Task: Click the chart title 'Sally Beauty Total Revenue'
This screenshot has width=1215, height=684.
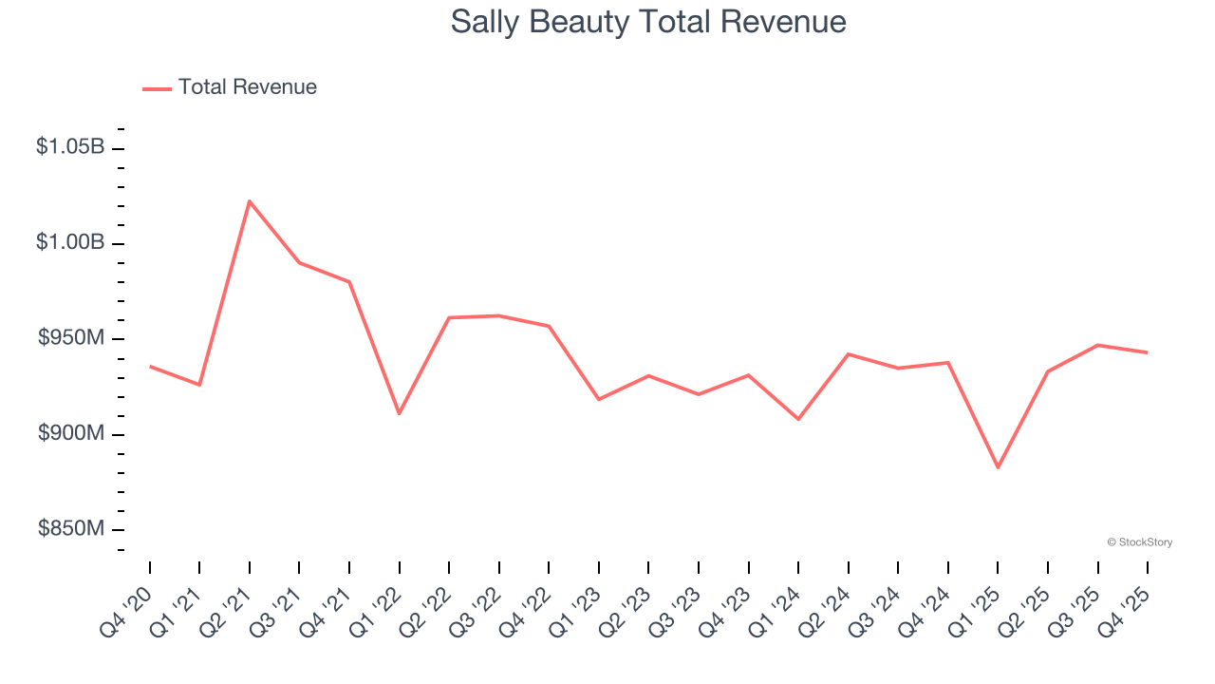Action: (x=648, y=22)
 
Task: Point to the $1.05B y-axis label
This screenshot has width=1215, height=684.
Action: (x=70, y=147)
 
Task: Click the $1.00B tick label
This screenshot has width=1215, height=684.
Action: (x=70, y=242)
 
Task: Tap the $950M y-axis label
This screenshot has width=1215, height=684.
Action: (x=71, y=338)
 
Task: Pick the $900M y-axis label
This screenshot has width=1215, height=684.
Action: (x=71, y=433)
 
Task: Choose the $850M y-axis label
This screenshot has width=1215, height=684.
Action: (x=71, y=528)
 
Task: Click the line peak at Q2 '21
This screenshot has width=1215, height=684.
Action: (x=250, y=201)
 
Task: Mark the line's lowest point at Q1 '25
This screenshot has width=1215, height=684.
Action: (x=998, y=467)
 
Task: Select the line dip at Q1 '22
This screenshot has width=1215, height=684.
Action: (x=399, y=413)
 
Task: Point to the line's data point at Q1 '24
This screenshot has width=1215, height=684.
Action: (x=798, y=419)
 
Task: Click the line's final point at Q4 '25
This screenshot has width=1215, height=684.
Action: (x=1148, y=352)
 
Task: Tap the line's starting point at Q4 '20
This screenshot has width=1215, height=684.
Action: (x=150, y=366)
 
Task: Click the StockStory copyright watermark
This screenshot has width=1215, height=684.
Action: (x=1140, y=542)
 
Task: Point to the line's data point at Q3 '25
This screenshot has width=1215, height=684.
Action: (x=1098, y=345)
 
